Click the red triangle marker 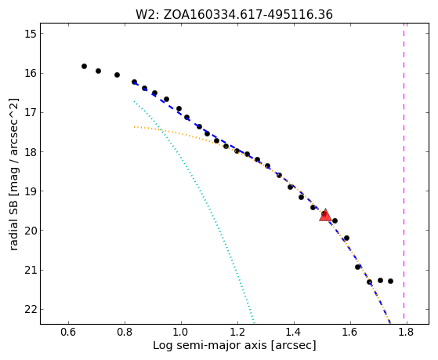pos(325,216)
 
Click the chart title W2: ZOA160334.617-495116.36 pos(234,15)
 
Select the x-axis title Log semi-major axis pos(234,346)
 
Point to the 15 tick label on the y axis pos(31,34)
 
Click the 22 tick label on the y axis pos(31,309)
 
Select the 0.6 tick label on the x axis pos(68,332)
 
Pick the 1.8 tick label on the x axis pos(407,332)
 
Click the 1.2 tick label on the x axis pos(237,332)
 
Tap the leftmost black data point pos(84,67)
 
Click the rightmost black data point pos(390,281)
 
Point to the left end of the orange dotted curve pos(134,127)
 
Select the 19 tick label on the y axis pos(31,191)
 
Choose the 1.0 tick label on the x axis pos(181,332)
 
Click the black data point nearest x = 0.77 pos(117,75)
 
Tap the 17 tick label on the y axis pos(31,112)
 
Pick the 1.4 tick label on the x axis pos(294,332)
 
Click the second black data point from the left pos(98,71)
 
